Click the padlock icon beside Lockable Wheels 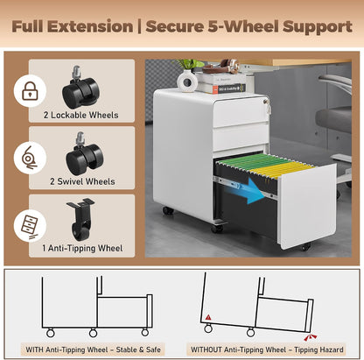coord(30,90)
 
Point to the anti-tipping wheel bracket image coord(80,219)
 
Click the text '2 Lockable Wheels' coord(81,115)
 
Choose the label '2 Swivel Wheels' coord(82,181)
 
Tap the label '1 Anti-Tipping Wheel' coord(82,248)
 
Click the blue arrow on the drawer coord(249,190)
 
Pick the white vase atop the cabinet coord(187,81)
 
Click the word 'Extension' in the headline coord(90,26)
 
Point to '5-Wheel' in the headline coord(243,26)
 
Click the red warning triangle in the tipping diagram coord(208,317)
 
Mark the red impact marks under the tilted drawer coord(310,337)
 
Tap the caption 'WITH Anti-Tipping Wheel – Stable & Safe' coord(93,349)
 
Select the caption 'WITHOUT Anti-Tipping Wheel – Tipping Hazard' coord(267,349)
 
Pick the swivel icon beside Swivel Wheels coord(29,158)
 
